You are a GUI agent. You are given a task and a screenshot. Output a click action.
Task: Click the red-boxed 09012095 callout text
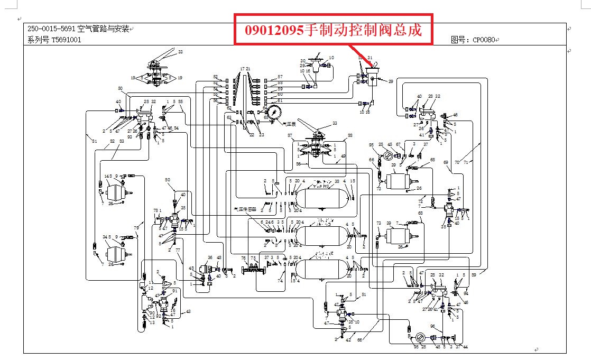click(x=333, y=30)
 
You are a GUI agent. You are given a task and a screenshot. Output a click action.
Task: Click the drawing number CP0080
click(x=485, y=39)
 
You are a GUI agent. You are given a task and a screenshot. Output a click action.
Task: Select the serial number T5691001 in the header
click(x=66, y=40)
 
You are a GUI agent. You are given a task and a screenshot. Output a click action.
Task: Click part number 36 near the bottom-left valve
click(x=210, y=257)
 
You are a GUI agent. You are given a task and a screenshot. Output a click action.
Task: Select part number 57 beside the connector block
click(x=280, y=77)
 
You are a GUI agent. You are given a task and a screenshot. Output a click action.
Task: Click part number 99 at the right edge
click(x=474, y=275)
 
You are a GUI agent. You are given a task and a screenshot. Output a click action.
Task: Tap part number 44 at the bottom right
click(x=465, y=347)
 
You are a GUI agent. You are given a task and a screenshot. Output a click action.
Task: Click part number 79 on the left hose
click(x=136, y=228)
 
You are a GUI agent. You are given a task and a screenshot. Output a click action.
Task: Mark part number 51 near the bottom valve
click(x=364, y=294)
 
